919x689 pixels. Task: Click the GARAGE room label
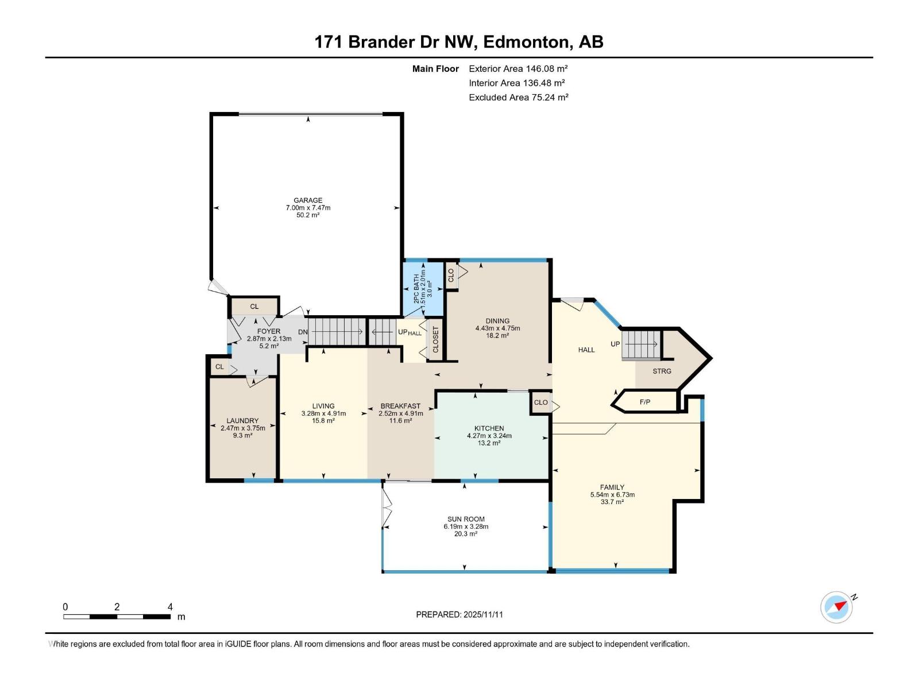click(308, 200)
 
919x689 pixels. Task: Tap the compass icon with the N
click(837, 607)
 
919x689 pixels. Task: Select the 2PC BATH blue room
click(423, 289)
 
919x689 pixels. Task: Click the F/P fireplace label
click(645, 402)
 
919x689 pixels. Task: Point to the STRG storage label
click(662, 371)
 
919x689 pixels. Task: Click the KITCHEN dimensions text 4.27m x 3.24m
click(489, 436)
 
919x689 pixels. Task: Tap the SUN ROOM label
click(466, 519)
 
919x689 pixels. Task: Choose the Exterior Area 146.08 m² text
click(518, 68)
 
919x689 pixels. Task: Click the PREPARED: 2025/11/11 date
click(459, 614)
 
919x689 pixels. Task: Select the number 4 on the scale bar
click(170, 607)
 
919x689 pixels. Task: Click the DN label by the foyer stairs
click(303, 332)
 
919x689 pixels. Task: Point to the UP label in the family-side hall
click(615, 344)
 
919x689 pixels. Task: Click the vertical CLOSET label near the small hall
click(435, 340)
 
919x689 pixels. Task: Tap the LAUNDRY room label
click(242, 421)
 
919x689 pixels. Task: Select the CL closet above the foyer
click(254, 307)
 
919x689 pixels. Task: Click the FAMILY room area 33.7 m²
click(612, 502)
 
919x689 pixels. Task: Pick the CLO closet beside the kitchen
click(540, 402)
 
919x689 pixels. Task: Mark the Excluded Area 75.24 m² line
click(518, 97)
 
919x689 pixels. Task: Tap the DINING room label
click(497, 321)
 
